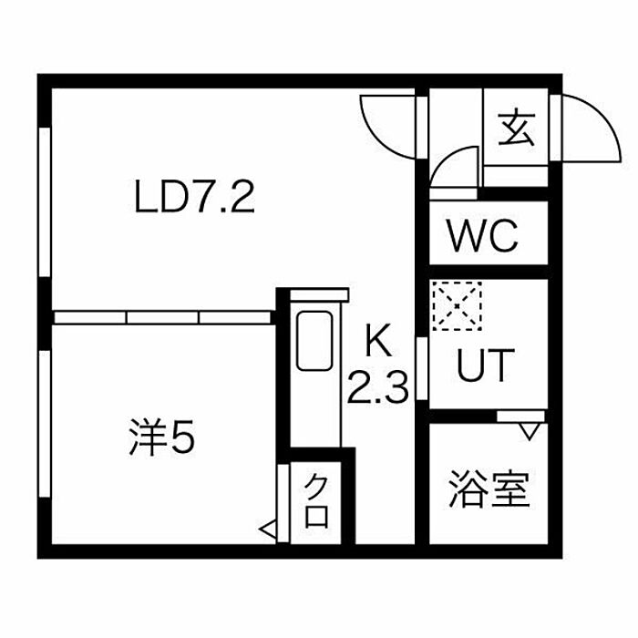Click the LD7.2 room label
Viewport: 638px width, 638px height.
pos(193,197)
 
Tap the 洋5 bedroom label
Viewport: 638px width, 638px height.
pos(160,440)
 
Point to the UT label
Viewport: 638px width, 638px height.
pos(485,366)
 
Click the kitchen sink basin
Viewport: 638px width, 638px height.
pos(314,341)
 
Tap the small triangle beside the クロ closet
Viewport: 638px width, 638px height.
pos(268,527)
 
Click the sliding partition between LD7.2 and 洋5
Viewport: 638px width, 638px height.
pos(164,317)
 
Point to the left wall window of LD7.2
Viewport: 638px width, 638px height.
pos(44,201)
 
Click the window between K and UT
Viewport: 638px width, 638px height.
pos(421,369)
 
